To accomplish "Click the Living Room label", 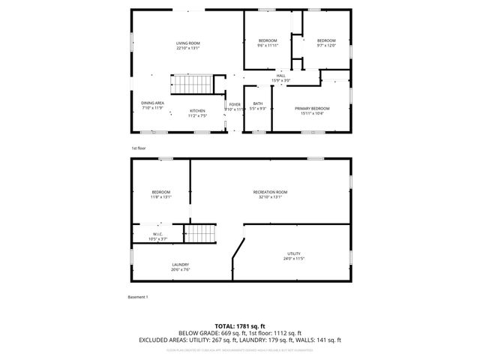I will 187,43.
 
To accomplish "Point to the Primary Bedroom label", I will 312,109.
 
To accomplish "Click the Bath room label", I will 258,103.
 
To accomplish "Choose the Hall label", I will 280,76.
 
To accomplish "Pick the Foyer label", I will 235,105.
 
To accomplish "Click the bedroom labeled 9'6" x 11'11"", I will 268,40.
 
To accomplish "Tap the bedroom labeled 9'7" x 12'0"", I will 325,40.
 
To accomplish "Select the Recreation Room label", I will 270,193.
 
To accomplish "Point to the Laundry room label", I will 180,264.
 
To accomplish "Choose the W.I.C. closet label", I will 158,234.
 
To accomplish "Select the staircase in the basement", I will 199,235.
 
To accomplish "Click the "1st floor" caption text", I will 139,148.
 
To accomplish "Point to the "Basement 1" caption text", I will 138,297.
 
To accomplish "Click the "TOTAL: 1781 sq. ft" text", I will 240,325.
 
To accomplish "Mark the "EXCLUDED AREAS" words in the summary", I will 162,340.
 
